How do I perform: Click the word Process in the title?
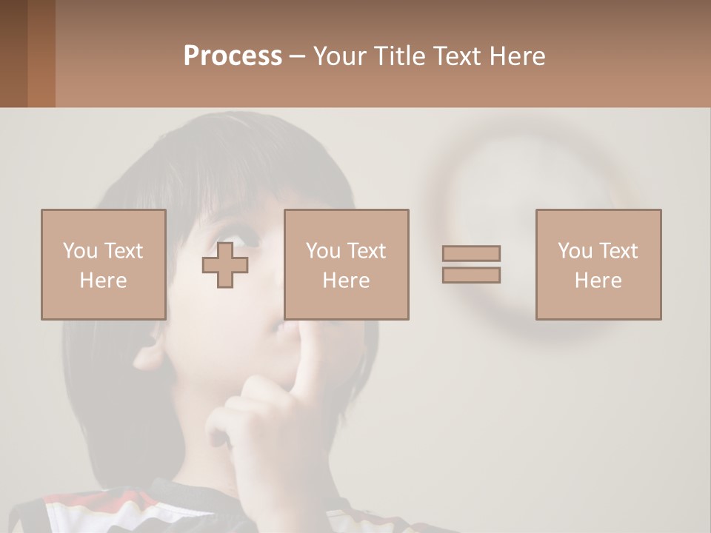(x=233, y=56)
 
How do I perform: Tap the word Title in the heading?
(x=398, y=56)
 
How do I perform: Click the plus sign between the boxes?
(x=225, y=265)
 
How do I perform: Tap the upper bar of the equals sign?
(x=471, y=253)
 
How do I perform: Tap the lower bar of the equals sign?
(x=471, y=275)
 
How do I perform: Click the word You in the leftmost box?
(x=79, y=251)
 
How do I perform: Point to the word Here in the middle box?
(x=346, y=281)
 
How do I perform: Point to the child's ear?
(x=150, y=348)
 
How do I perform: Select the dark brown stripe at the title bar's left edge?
(x=13, y=53)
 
